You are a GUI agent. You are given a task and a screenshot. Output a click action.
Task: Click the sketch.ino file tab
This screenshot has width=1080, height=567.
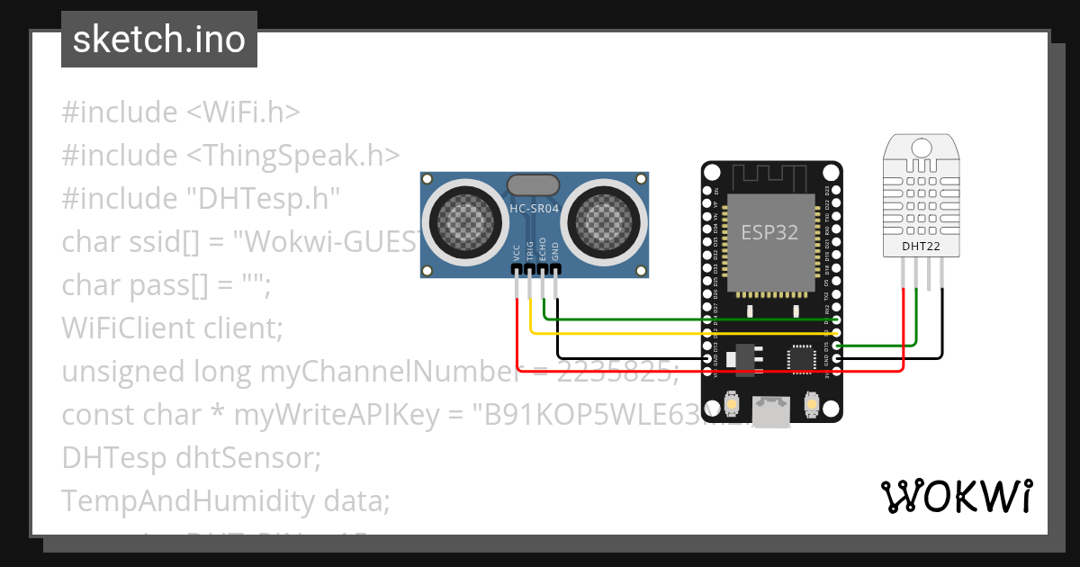pos(159,40)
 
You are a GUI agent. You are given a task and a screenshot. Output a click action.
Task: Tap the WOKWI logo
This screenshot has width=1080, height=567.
pos(956,496)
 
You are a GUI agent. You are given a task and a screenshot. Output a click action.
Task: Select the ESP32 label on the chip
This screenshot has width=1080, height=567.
pos(769,232)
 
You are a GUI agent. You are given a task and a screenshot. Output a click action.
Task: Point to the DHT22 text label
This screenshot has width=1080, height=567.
pos(920,244)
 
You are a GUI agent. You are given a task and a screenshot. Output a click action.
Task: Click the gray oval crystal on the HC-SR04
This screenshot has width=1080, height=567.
pos(534,185)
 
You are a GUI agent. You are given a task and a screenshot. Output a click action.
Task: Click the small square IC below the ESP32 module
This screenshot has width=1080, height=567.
pos(801,358)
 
